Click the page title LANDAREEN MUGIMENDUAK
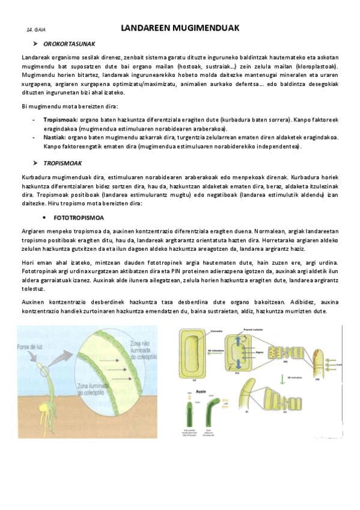(180, 28)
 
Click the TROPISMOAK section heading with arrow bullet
(63, 163)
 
